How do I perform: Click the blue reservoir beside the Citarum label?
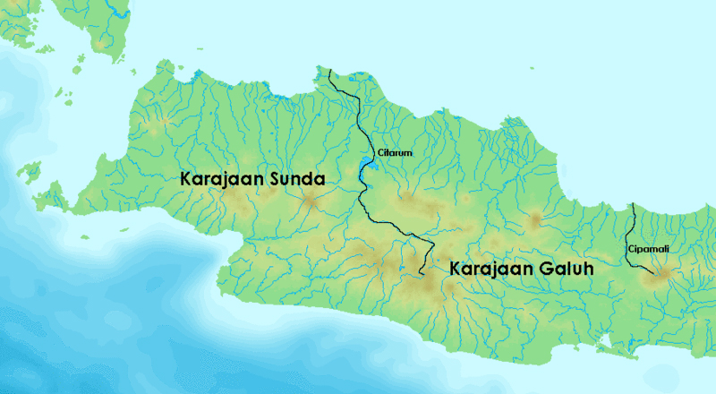[x=367, y=164]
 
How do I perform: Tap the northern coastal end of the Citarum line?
[x=328, y=71]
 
